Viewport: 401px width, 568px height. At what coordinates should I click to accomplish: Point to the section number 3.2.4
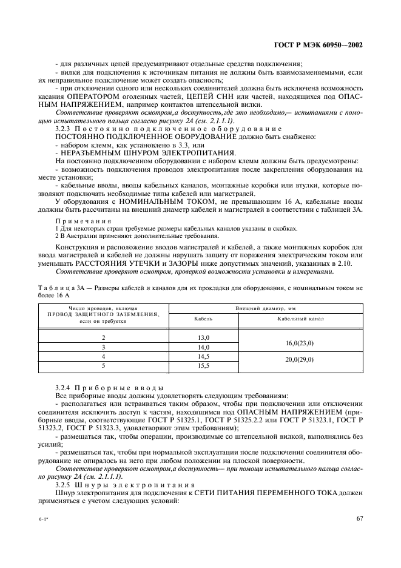coord(62,387)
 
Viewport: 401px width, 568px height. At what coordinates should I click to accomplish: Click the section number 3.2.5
coord(62,485)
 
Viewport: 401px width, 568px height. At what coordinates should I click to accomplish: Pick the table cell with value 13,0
coord(203,337)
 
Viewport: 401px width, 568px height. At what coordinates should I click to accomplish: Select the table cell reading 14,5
coord(203,356)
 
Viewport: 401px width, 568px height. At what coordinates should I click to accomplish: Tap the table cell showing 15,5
coord(203,366)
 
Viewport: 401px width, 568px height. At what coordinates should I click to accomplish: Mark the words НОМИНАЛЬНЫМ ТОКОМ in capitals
coord(161,200)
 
